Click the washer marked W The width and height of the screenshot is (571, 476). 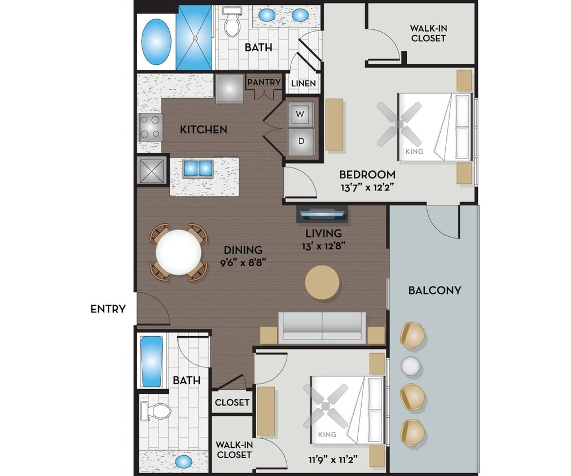[301, 115]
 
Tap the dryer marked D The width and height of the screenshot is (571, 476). [301, 142]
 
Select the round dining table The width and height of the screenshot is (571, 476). [178, 252]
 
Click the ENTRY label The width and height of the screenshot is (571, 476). [108, 309]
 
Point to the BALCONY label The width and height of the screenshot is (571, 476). [434, 290]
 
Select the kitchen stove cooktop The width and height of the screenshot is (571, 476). [151, 127]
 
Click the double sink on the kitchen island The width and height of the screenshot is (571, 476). [197, 168]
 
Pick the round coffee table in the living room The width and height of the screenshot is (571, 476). [323, 282]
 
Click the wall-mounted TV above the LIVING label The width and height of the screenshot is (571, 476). [322, 214]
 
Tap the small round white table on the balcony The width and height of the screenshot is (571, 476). [411, 366]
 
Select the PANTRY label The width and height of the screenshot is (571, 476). [263, 82]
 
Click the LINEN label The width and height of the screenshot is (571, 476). [303, 84]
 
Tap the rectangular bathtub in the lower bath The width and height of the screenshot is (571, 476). [151, 362]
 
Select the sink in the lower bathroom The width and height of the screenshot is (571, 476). [183, 461]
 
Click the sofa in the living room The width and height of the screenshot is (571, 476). [322, 327]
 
